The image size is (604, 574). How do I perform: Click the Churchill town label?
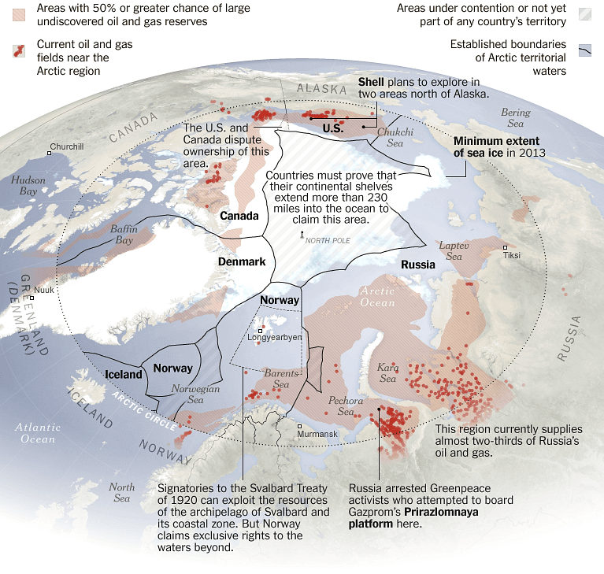click(66, 146)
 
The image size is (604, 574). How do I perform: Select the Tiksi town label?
click(511, 255)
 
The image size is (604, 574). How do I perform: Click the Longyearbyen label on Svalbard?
click(275, 338)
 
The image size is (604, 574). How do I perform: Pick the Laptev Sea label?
click(454, 250)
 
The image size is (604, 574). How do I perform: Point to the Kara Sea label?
click(388, 373)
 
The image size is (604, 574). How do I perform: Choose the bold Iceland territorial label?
click(124, 375)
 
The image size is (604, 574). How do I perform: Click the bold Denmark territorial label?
click(242, 261)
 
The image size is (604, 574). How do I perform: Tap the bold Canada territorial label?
click(239, 216)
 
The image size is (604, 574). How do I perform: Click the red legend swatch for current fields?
click(19, 51)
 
